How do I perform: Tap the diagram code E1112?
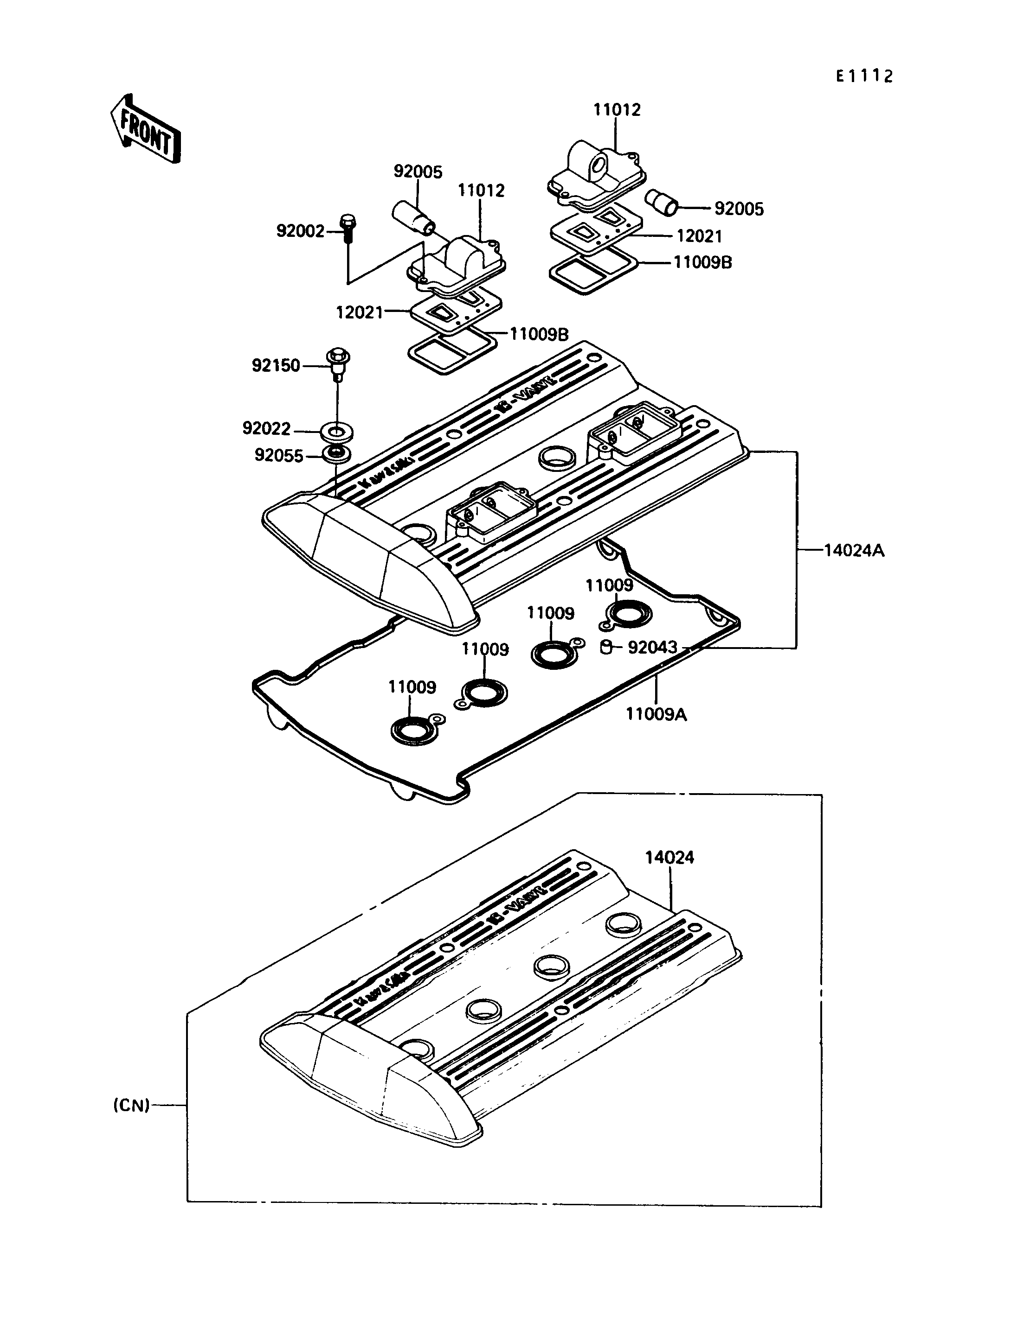point(864,76)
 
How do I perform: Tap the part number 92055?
point(278,456)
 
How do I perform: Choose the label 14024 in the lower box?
point(669,857)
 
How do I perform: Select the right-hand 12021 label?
point(699,236)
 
